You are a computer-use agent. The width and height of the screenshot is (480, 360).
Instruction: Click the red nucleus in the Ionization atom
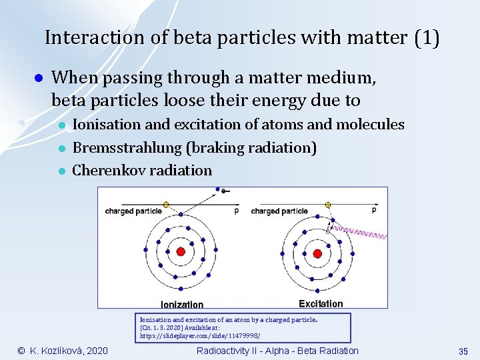[180, 252]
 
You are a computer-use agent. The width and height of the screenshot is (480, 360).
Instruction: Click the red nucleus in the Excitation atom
[317, 253]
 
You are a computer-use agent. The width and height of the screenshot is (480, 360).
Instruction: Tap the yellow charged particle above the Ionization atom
[166, 204]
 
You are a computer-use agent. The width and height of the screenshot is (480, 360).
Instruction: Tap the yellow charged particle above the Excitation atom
[327, 205]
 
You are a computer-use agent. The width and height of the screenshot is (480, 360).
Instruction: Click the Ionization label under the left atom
[182, 304]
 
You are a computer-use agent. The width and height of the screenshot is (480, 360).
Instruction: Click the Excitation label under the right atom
[321, 303]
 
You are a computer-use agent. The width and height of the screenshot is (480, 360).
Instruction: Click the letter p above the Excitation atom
[373, 210]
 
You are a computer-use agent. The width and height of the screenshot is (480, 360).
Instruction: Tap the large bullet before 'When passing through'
[39, 79]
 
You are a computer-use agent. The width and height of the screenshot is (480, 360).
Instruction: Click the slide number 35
[463, 351]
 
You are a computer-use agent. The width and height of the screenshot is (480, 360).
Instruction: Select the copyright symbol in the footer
[21, 351]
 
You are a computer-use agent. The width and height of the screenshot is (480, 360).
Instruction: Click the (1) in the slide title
[426, 37]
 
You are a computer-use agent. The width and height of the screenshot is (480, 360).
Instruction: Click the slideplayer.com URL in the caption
[200, 336]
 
